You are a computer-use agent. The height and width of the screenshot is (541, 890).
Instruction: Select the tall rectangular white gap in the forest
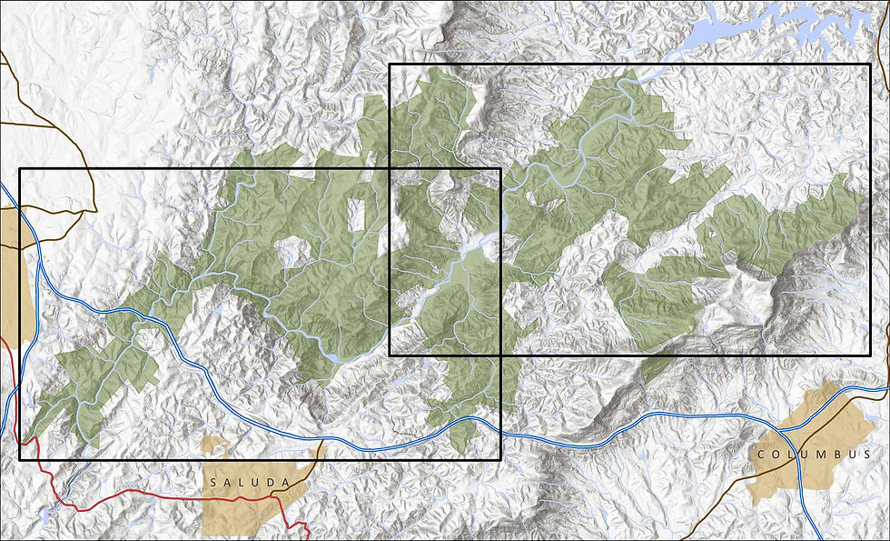coord(357,213)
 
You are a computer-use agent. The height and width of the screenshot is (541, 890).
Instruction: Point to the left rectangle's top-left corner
coord(20,169)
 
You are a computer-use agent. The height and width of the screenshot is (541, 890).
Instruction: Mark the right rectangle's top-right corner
coord(870,65)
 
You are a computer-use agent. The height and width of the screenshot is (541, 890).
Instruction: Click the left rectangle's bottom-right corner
coord(500,459)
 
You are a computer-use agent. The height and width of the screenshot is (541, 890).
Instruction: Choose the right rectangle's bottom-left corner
coord(390,355)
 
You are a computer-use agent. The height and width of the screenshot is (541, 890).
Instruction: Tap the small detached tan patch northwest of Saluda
coord(213,446)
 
